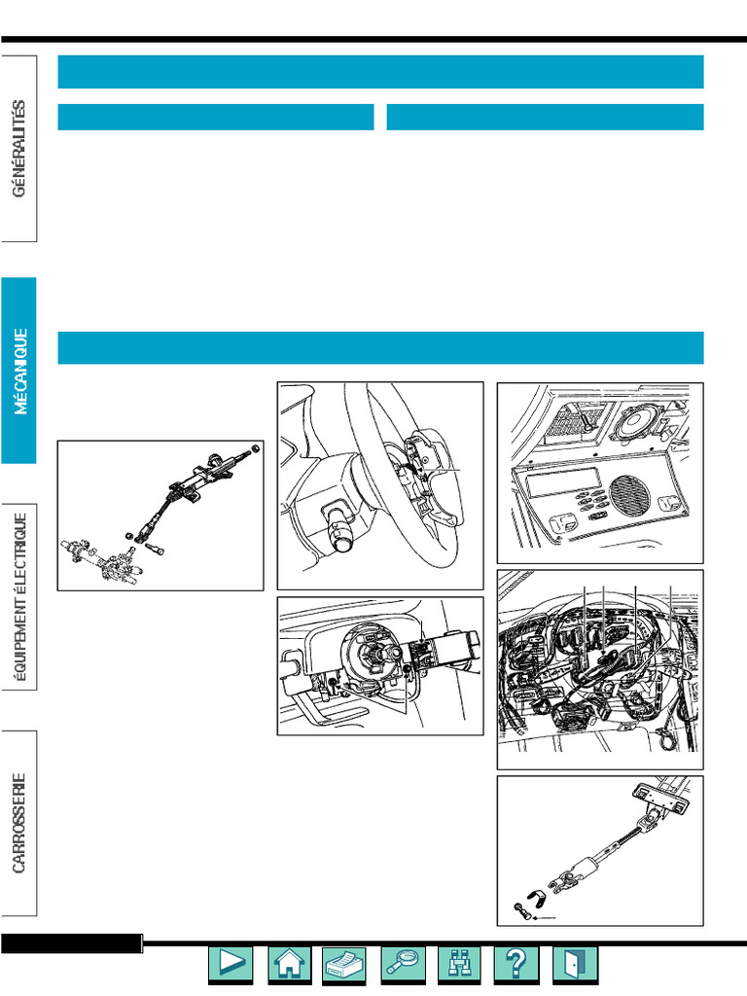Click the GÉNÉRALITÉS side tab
pos(19,149)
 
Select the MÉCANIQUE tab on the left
pos(19,371)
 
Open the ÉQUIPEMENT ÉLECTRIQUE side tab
pos(19,596)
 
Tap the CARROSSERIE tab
pos(19,823)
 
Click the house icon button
pos(288,964)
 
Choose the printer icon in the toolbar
pos(343,964)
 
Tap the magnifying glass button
pos(403,964)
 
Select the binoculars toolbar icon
pos(459,964)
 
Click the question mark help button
pos(516,964)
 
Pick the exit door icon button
pos(575,964)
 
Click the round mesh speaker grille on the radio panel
pos(629,495)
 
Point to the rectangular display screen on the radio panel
pos(564,482)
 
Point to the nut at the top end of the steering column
pos(256,448)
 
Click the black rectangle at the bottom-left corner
pos(71,943)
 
